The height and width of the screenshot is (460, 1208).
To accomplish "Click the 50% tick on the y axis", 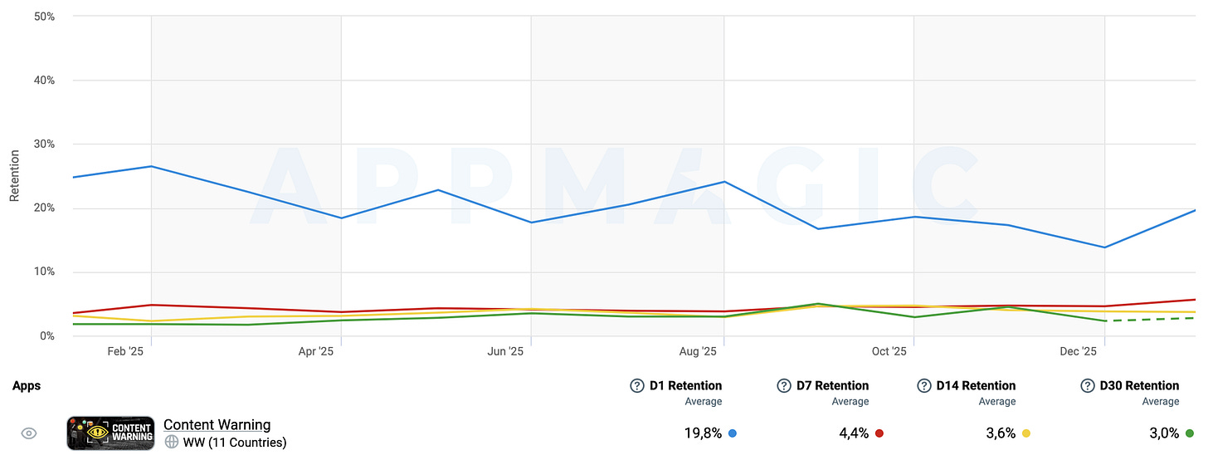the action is pos(44,17).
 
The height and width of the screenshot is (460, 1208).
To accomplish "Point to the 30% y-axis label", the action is pos(44,144).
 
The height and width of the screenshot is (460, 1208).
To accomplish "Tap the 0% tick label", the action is pos(47,335).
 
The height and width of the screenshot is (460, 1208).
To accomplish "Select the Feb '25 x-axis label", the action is pos(125,351).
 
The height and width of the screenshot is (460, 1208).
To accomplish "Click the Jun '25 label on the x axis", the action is pos(505,351).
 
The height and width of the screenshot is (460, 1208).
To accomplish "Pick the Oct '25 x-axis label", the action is pos(889,351).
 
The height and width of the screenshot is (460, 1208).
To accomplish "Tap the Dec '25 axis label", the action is pos(1078,351).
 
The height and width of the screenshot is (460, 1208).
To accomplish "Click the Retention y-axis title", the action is pos(15,176).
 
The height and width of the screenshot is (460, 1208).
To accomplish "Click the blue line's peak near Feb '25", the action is pos(152,166).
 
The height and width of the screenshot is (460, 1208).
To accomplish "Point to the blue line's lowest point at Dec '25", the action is pos(1104,247).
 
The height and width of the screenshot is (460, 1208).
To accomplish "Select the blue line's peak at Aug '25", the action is pos(723,182).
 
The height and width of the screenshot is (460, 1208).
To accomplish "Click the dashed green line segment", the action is pos(1150,319).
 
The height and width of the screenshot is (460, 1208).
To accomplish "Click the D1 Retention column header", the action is pos(685,385).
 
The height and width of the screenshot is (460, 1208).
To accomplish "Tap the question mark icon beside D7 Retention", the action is pos(783,385).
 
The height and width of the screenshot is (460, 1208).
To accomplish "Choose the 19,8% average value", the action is pos(703,433).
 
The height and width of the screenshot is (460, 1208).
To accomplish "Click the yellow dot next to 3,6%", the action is pos(1025,433).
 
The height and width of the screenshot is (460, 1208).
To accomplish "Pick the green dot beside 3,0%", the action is pos(1189,433).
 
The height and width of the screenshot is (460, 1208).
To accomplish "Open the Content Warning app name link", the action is pos(217,425).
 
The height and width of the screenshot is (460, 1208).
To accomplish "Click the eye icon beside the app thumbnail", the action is pos(28,433).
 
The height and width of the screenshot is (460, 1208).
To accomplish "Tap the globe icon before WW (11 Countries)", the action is pos(172,443).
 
